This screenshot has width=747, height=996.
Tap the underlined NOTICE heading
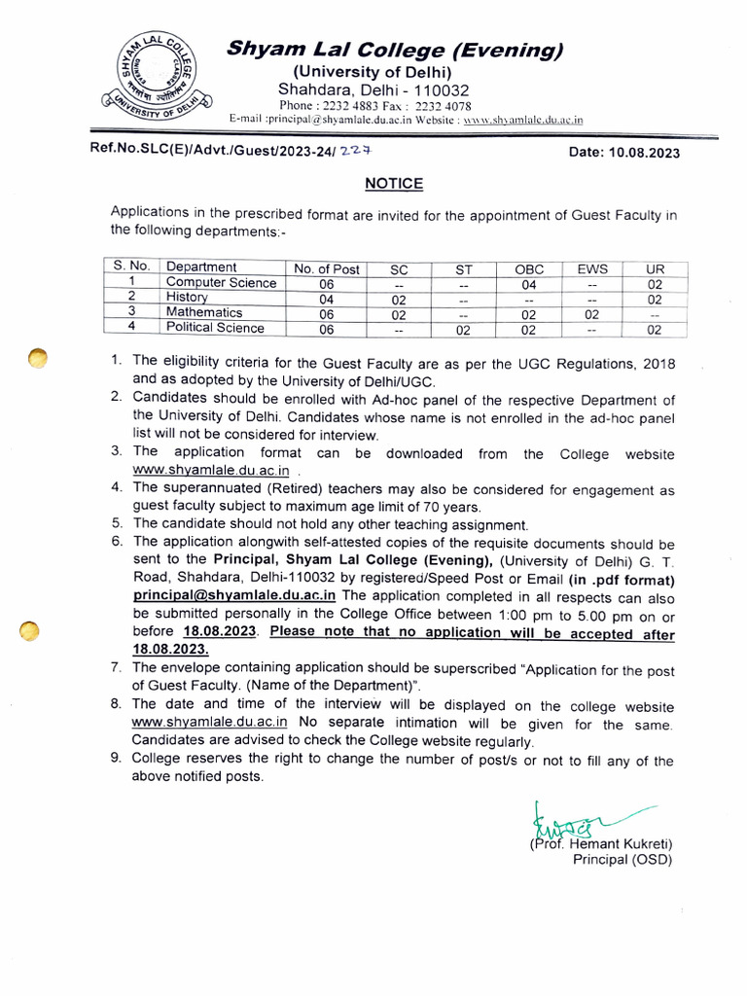[394, 183]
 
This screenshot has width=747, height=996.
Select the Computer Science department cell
[221, 283]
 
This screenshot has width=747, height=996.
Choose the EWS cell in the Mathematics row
[592, 314]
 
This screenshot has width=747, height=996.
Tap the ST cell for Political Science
[464, 330]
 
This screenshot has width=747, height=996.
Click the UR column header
[654, 268]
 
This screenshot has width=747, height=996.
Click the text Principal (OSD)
[622, 860]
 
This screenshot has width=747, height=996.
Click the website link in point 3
[211, 472]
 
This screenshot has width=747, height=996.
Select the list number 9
[116, 761]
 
